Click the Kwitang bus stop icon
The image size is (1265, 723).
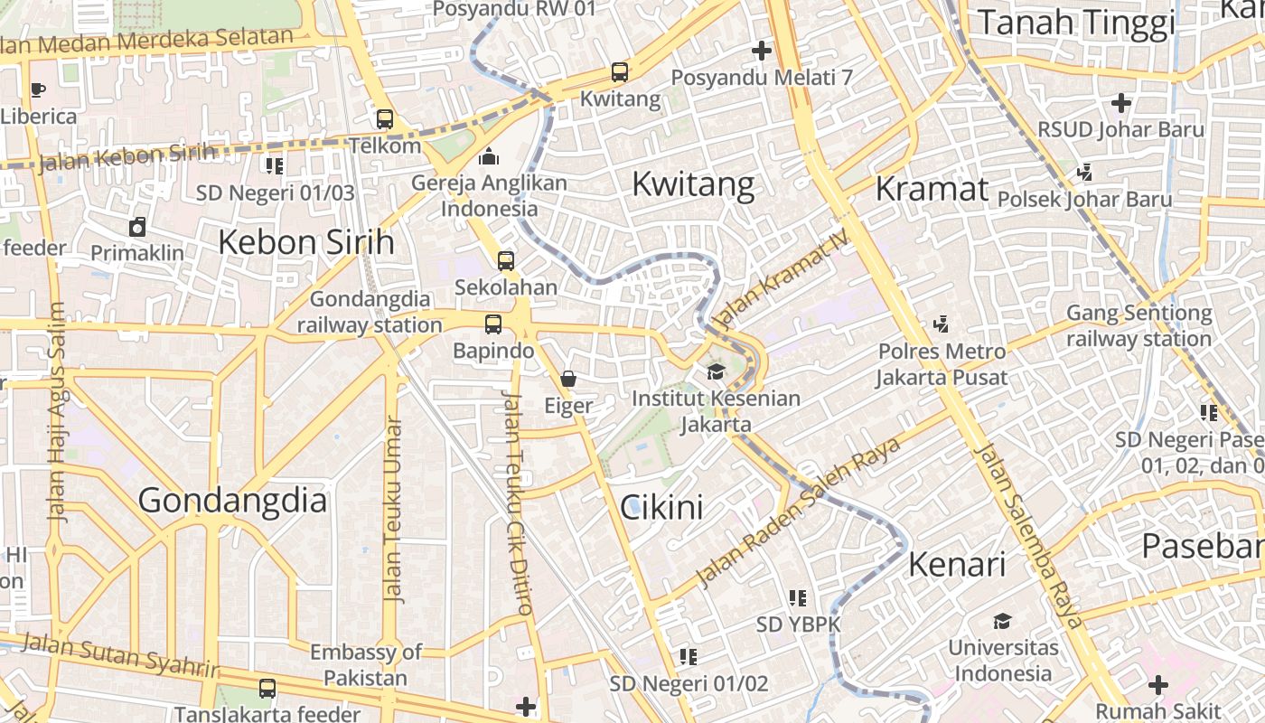pos(619,71)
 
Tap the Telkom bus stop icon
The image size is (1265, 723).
pos(385,118)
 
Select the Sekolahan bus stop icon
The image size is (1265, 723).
pos(506,260)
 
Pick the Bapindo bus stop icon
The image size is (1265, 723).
pos(493,324)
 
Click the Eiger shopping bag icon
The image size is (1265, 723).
pos(568,378)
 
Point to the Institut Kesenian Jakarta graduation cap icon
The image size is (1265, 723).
pos(716,371)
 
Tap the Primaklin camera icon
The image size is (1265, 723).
pos(137,226)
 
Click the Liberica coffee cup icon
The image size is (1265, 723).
pos(37,89)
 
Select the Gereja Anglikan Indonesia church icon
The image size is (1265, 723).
pos(489,156)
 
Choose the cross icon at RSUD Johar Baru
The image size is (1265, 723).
pos(1121,102)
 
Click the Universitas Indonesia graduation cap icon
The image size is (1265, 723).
pos(1002,621)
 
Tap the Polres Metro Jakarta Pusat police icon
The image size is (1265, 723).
pos(942,323)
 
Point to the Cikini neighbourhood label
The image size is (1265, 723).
pos(661,507)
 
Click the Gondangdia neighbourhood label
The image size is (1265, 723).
pos(232,500)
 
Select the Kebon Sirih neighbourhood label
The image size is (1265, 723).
pos(306,242)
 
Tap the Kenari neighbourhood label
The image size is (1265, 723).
pos(957,564)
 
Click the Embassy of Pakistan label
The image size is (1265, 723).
pos(366,664)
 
